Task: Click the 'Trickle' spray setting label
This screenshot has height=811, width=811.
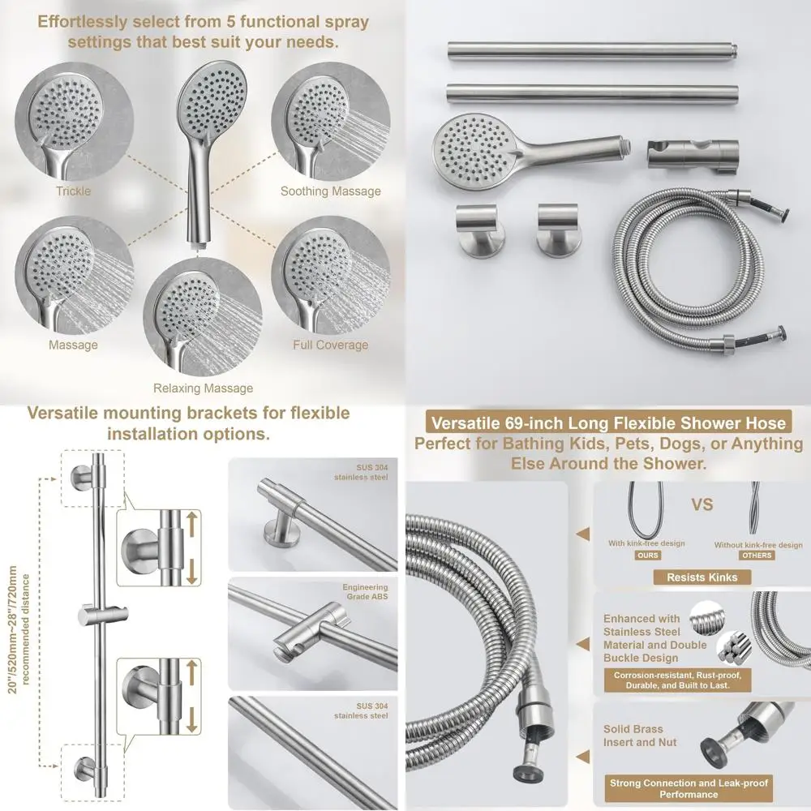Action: coord(73,191)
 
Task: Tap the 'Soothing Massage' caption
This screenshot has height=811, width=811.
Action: coord(330,191)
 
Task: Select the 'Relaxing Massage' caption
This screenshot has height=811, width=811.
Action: coord(203,388)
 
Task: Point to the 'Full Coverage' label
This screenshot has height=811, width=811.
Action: coord(330,345)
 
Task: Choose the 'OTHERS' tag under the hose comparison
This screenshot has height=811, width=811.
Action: coord(757,556)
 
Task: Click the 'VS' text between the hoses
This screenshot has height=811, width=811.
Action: coord(702,504)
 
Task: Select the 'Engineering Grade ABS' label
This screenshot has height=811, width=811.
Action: coord(365,592)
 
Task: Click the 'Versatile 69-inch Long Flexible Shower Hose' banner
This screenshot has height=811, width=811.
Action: coord(608,423)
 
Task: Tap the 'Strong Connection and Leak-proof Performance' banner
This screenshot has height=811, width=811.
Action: coord(688,789)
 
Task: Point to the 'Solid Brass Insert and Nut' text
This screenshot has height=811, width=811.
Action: coord(640,736)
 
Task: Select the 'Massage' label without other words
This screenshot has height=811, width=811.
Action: coord(73,345)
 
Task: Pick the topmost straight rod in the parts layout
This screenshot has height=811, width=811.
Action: coord(608,51)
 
